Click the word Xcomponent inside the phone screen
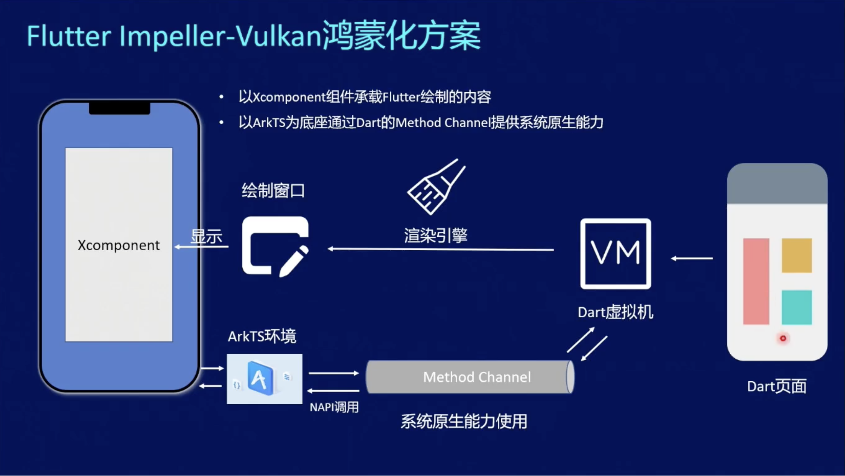point(118,245)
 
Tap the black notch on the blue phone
point(119,108)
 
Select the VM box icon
point(615,254)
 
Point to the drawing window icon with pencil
point(275,246)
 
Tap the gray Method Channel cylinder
point(470,377)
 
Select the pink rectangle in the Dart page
point(756,281)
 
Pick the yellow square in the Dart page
point(796,255)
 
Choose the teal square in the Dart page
point(796,307)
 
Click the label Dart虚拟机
point(615,312)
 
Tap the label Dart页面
point(776,386)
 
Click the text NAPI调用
point(334,407)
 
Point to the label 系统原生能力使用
point(464,422)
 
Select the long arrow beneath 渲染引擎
point(441,249)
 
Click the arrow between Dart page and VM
point(692,258)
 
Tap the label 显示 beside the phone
point(206,236)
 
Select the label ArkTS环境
point(262,336)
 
